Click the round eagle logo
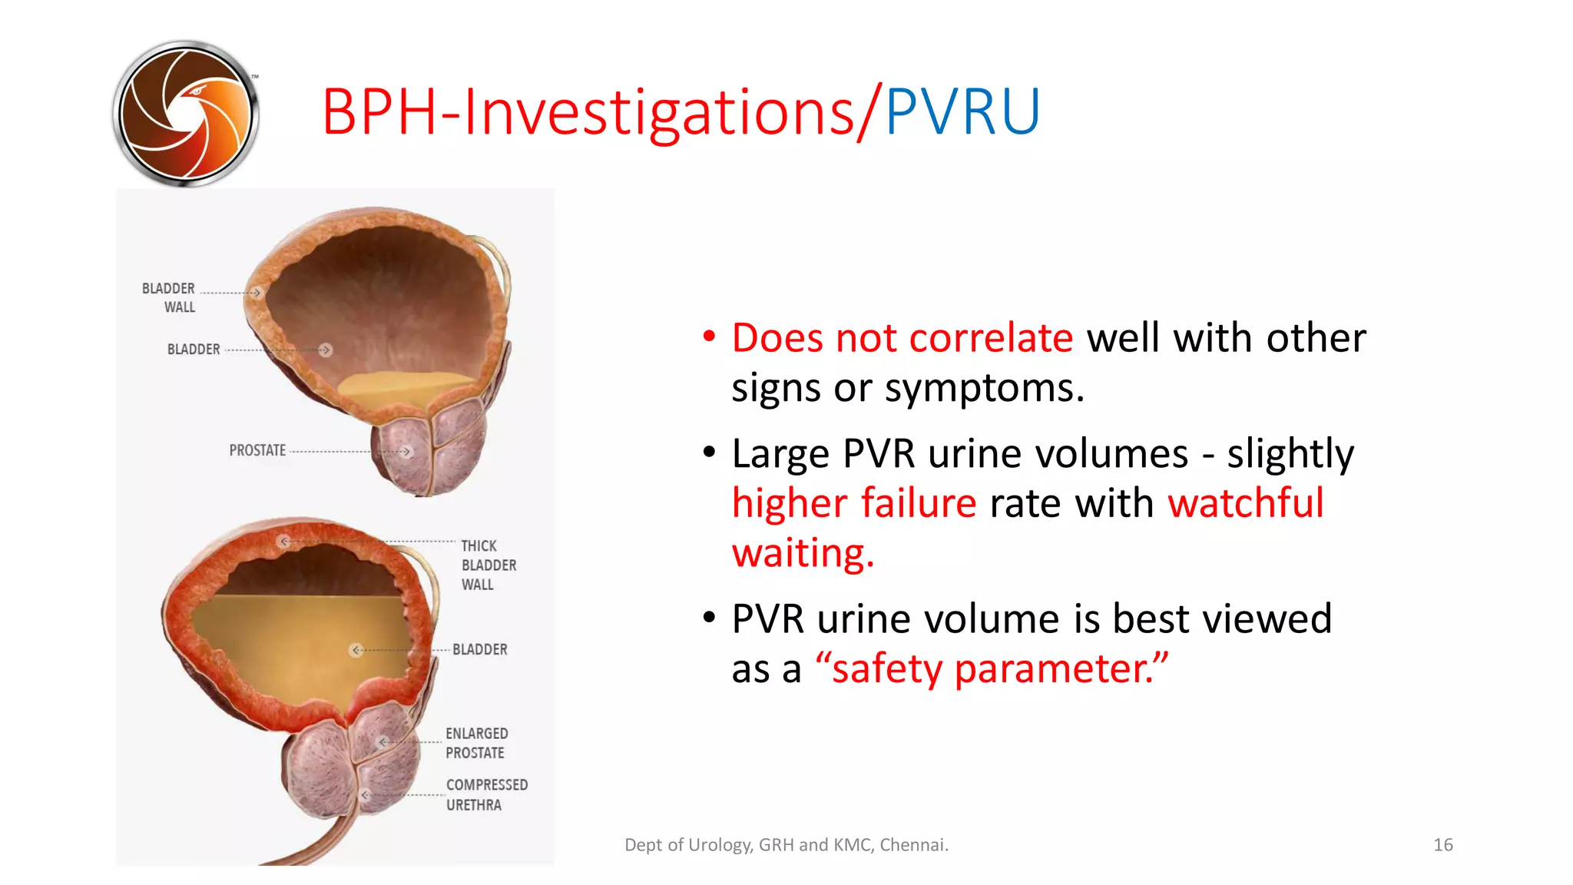tap(185, 114)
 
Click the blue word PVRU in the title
tap(962, 112)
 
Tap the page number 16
tap(1442, 845)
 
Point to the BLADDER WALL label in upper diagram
tap(169, 297)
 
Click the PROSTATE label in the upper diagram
tap(257, 450)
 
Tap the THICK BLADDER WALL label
tap(488, 565)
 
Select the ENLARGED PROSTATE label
tap(476, 743)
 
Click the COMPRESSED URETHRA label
tap(486, 794)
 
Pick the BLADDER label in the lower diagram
tap(479, 649)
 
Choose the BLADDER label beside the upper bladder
tap(194, 350)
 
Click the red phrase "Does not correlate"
tap(902, 338)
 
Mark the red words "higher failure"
tap(853, 503)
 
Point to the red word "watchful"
tap(1245, 503)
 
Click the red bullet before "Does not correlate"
tap(709, 336)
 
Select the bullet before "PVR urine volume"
tap(709, 617)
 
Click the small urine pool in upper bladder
tap(407, 386)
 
